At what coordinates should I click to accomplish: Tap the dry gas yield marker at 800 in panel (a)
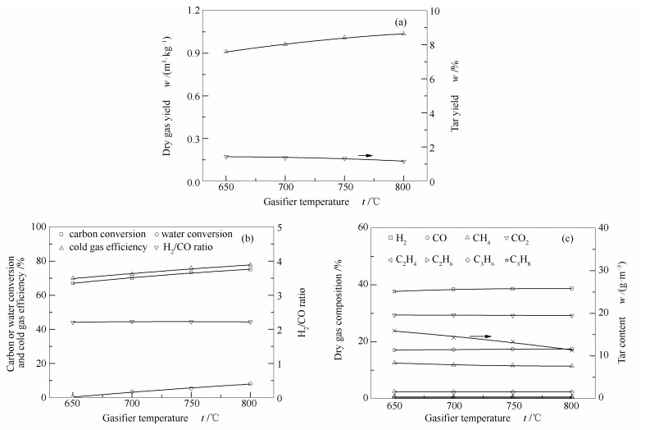(403, 33)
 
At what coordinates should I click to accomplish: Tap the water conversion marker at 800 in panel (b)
(250, 383)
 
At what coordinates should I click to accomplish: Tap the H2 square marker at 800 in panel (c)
(571, 288)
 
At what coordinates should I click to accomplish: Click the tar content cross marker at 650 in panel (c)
(394, 331)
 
